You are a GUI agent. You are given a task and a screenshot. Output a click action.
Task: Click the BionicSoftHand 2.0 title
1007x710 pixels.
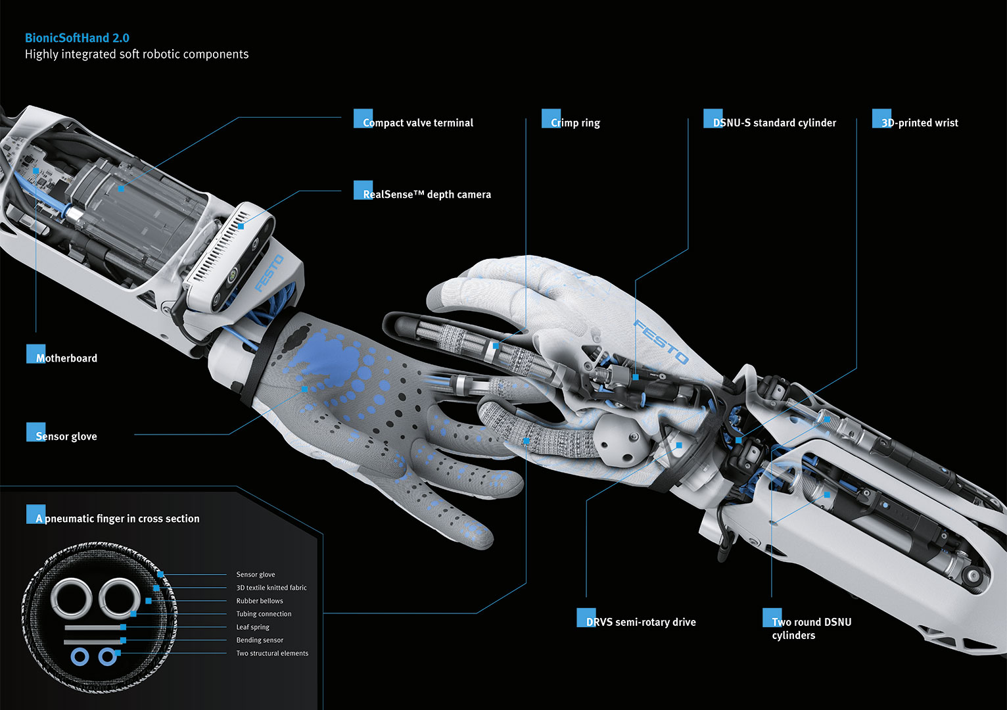point(77,38)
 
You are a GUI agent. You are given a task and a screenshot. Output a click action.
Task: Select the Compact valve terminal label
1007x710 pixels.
point(417,123)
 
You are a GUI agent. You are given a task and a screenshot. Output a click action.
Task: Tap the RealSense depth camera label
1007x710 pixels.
point(427,195)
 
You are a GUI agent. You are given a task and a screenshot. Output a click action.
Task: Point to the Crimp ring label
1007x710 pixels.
point(575,123)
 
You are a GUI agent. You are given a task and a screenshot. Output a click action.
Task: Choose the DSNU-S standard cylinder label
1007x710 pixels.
point(774,123)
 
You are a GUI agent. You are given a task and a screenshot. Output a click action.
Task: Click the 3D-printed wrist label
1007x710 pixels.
point(920,123)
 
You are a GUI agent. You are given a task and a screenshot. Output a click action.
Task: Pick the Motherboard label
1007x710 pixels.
point(66,358)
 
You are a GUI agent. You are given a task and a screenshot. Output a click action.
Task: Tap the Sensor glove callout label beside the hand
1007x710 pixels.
point(66,437)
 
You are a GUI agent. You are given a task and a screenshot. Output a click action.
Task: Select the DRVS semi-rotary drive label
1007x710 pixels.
point(641,622)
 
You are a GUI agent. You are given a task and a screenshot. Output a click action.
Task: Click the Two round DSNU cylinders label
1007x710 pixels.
point(811,628)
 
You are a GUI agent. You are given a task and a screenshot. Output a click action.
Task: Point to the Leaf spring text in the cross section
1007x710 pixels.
point(253,627)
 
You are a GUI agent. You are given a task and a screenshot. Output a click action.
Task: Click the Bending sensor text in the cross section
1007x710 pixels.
point(260,640)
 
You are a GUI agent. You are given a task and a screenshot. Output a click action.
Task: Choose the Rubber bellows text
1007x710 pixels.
point(260,601)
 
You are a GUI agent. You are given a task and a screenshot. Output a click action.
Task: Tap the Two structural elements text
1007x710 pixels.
point(272,653)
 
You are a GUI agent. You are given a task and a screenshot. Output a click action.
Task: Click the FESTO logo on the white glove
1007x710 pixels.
point(661,342)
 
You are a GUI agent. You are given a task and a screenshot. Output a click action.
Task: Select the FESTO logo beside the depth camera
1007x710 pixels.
point(269,273)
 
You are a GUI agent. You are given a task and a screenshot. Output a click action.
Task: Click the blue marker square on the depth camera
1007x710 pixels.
point(241,226)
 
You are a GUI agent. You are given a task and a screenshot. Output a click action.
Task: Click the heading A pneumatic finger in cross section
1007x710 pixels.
point(118,519)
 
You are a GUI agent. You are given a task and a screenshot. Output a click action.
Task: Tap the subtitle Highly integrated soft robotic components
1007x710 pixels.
point(137,55)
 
